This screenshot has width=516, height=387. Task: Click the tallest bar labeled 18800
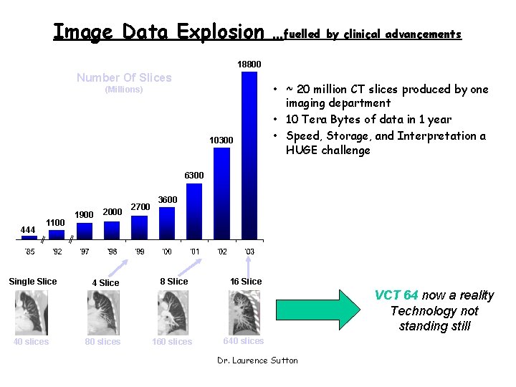tap(249, 154)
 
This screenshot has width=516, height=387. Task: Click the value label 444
tap(28, 229)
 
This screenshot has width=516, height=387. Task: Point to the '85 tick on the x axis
tap(29, 252)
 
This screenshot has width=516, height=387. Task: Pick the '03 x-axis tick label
tap(249, 252)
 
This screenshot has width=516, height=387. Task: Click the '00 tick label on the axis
tap(166, 252)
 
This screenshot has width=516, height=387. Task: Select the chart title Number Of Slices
tap(124, 77)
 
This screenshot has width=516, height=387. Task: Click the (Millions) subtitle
tap(124, 90)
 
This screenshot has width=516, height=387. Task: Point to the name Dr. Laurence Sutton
tap(257, 360)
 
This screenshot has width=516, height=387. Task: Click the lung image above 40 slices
tap(31, 313)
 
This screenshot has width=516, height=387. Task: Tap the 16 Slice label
tap(246, 282)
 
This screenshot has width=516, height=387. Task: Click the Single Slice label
tap(32, 282)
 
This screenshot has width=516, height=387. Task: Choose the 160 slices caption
tap(172, 342)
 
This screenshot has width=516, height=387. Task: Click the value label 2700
tap(140, 207)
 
